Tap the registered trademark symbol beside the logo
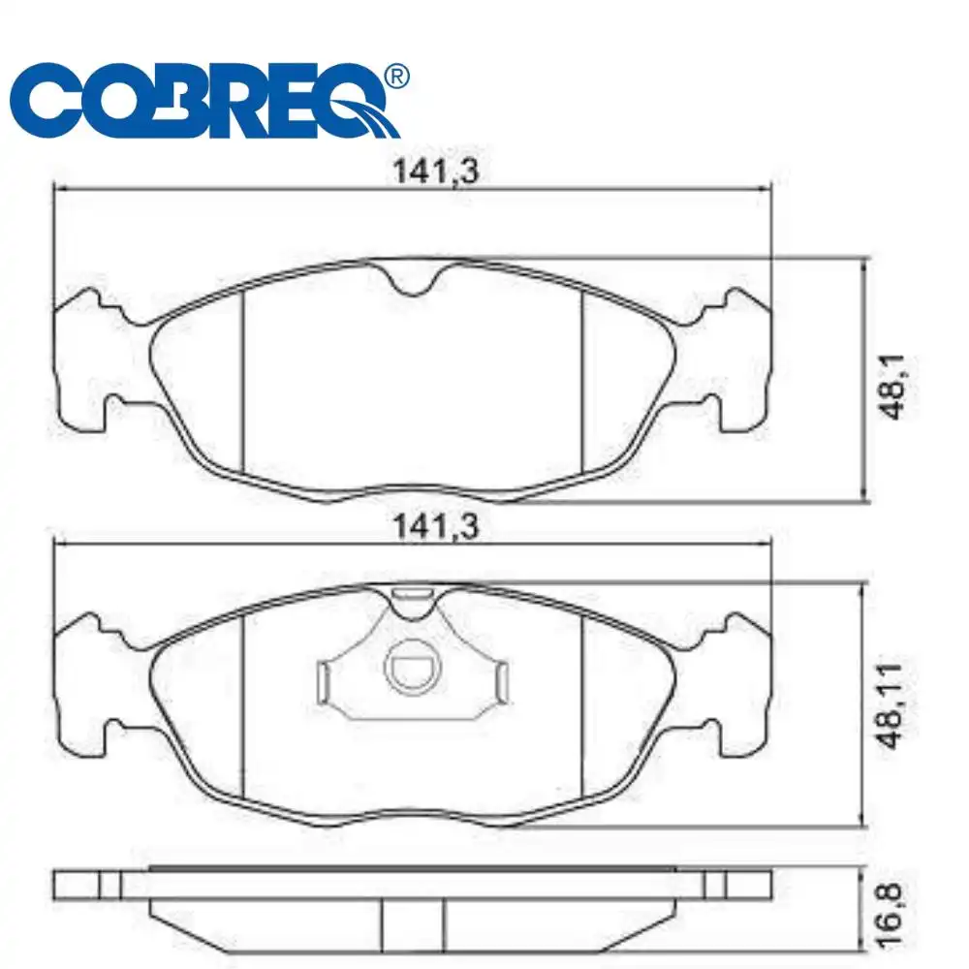396,76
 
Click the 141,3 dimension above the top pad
436,172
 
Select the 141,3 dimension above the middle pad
436,527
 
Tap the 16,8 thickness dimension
890,916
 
